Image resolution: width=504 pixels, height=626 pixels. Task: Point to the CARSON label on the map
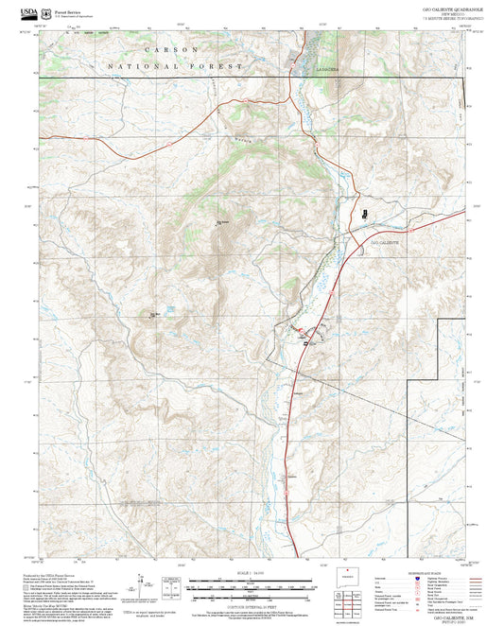172,47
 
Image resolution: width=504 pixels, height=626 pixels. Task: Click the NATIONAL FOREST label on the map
175,67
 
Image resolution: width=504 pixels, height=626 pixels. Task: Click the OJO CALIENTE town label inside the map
384,244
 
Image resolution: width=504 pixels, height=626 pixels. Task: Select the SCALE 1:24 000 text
251,574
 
